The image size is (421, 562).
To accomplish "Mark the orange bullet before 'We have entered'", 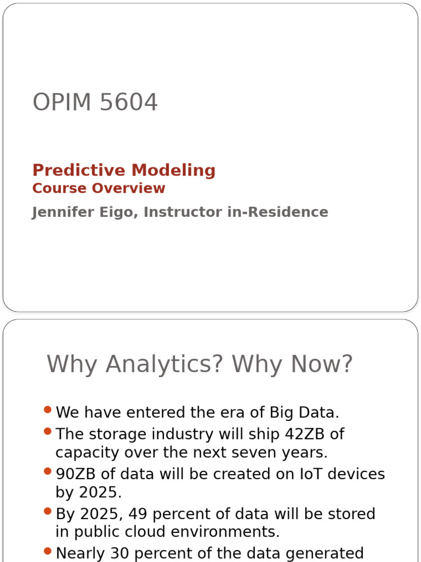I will [x=48, y=410].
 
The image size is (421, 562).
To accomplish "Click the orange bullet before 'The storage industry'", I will [x=48, y=432].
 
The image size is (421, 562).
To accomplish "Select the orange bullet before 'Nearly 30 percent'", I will [x=48, y=551].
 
